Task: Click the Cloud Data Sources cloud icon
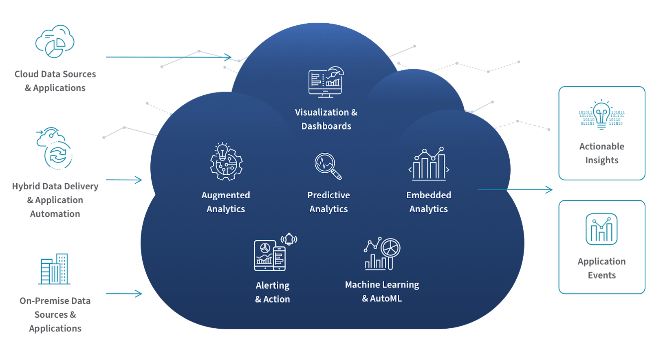(x=55, y=41)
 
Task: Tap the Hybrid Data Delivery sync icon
(x=55, y=149)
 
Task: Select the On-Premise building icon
(x=55, y=269)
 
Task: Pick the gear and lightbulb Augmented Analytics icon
(x=226, y=162)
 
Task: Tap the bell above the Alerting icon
(x=289, y=239)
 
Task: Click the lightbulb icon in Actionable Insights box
(x=601, y=115)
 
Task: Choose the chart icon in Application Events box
(x=601, y=229)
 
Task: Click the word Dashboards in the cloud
(x=326, y=126)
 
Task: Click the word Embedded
(x=428, y=195)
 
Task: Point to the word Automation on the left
(x=55, y=214)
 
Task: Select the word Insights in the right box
(x=601, y=160)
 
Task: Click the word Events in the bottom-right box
(x=601, y=275)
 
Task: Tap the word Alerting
(x=272, y=285)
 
